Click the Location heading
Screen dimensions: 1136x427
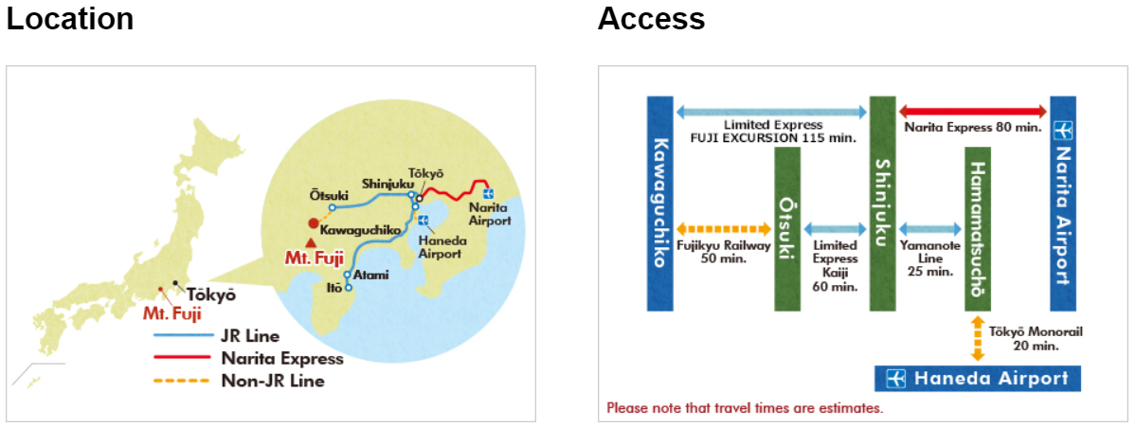tap(70, 19)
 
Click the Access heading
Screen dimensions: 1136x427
tap(651, 19)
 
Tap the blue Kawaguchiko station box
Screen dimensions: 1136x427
tap(659, 204)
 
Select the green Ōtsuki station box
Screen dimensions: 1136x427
tap(786, 229)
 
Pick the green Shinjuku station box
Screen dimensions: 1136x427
tap(882, 204)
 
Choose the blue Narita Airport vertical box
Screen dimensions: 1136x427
tap(1063, 204)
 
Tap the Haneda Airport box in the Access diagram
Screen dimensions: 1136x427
tap(977, 379)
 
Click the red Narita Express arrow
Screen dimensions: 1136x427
tap(973, 110)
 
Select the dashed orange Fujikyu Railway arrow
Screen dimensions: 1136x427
tap(725, 229)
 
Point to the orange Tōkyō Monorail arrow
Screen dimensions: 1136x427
tap(977, 339)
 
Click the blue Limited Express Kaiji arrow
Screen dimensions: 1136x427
tap(834, 229)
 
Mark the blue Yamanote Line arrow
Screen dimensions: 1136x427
tap(929, 229)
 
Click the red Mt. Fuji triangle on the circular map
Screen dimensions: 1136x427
tap(311, 242)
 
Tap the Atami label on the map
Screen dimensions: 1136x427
tap(371, 275)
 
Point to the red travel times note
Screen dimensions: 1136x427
tap(745, 409)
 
